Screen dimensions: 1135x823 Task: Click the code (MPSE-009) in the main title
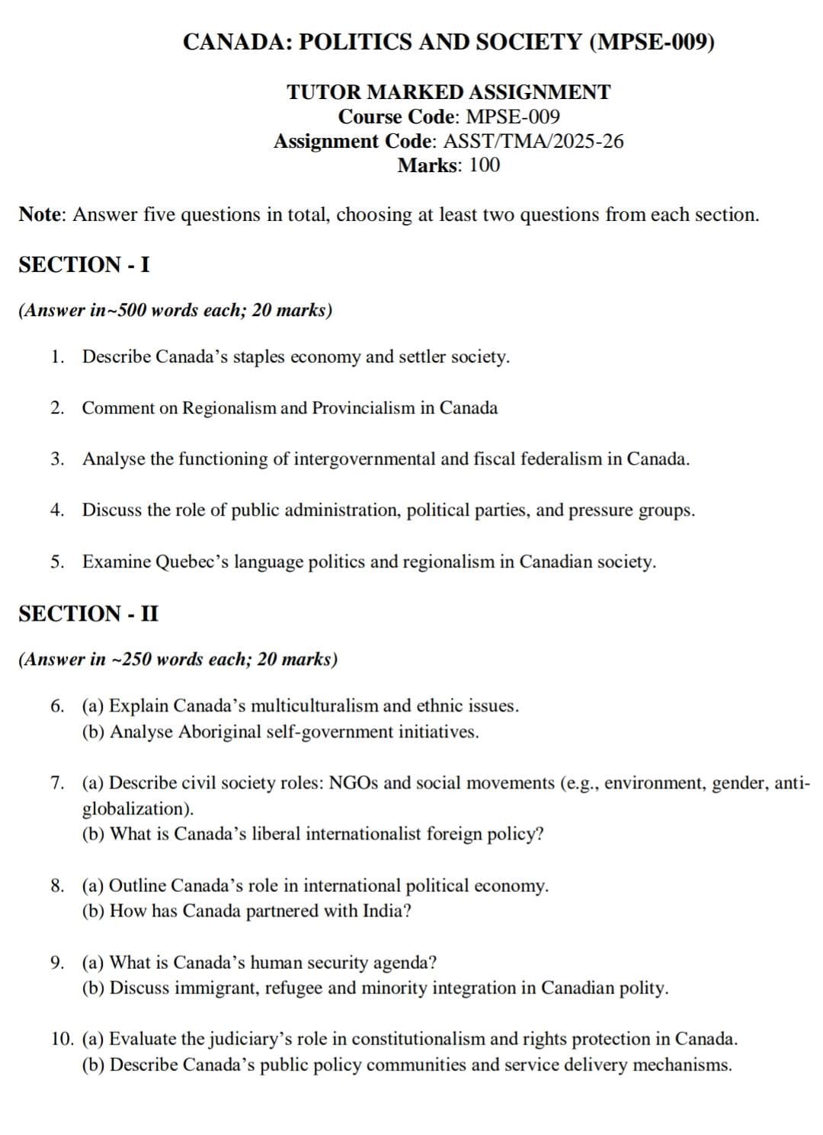[x=652, y=42]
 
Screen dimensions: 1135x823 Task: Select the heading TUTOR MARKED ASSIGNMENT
[x=448, y=92]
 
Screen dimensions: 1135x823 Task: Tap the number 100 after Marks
[x=485, y=165]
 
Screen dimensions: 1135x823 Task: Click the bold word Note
[x=40, y=215]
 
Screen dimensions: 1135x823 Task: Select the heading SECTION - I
[x=84, y=265]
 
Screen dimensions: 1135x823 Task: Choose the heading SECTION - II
[x=88, y=614]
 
